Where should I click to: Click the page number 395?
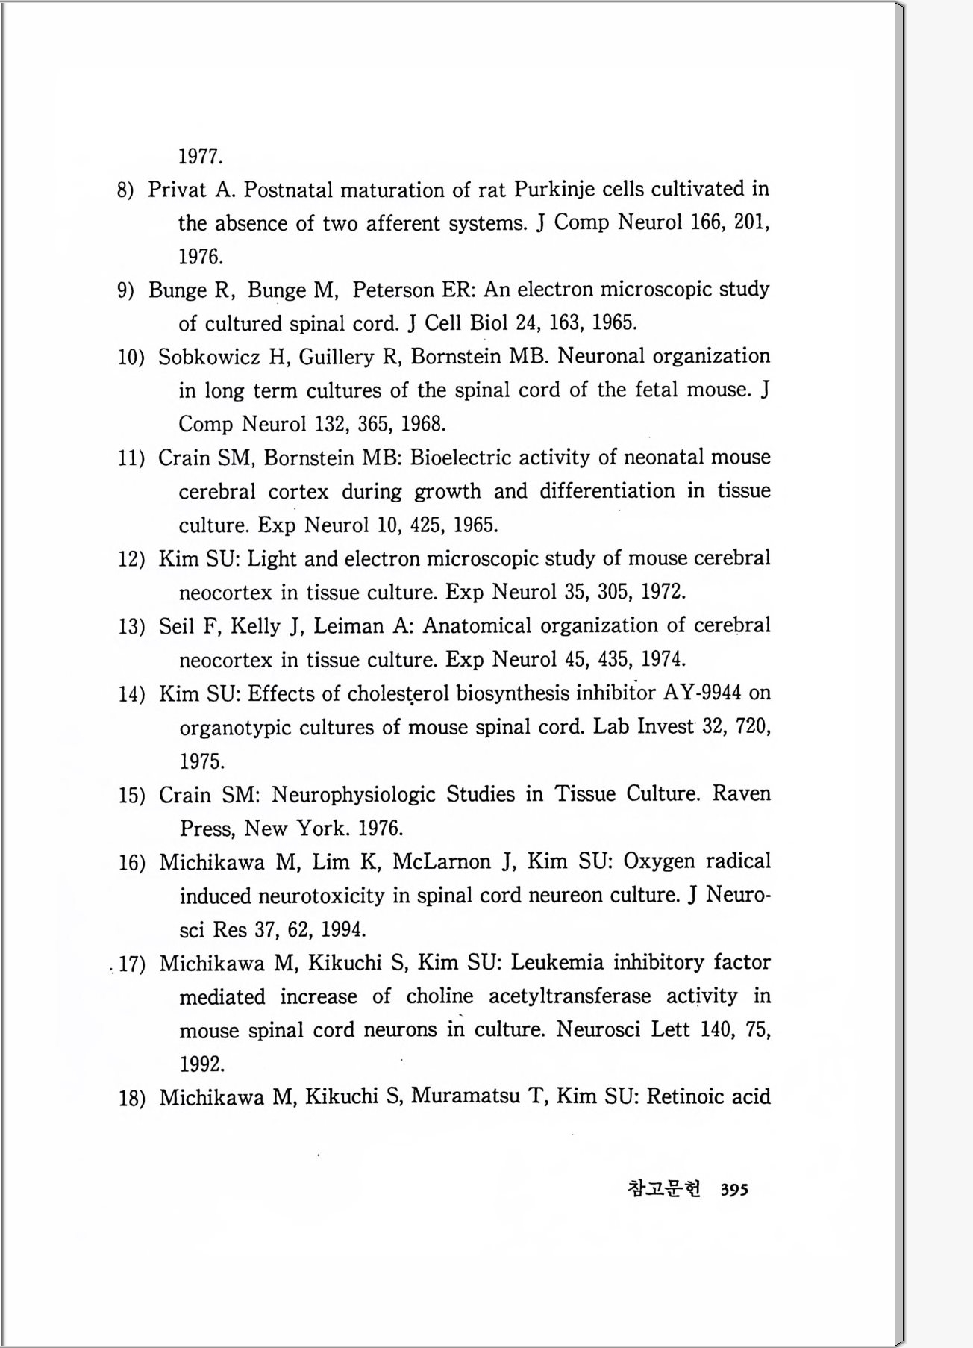(x=734, y=1190)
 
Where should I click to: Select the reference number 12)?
(x=131, y=559)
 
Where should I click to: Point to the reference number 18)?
(x=131, y=1099)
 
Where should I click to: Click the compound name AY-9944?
(x=702, y=693)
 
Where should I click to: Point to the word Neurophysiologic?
(x=353, y=794)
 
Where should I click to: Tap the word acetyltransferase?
(x=569, y=996)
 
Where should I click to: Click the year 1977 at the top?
(x=201, y=157)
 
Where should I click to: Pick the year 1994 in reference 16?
(x=342, y=930)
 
